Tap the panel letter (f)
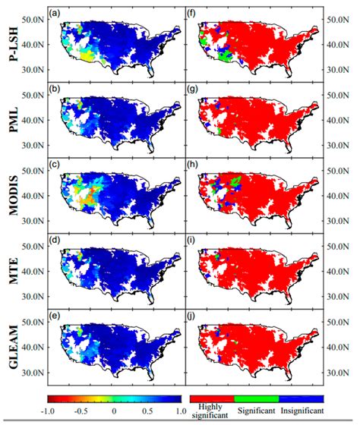click(x=195, y=13)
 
